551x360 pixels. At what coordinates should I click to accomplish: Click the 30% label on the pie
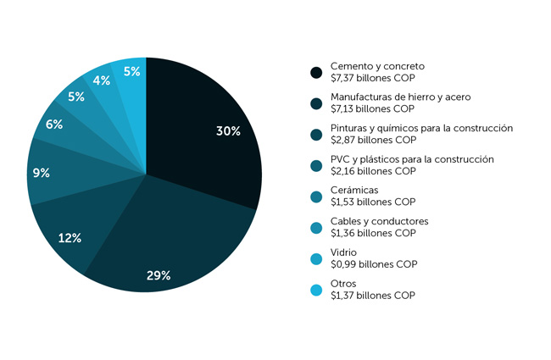(228, 131)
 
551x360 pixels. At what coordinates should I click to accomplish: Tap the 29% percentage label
(159, 275)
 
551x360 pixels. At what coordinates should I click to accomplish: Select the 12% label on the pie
(70, 238)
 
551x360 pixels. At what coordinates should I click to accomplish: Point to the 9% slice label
(41, 173)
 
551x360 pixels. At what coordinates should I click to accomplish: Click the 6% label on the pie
(54, 125)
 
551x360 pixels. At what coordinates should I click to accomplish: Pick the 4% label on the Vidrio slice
(102, 80)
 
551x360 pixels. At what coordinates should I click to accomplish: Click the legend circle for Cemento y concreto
(317, 72)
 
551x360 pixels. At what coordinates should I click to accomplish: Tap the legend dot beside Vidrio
(317, 258)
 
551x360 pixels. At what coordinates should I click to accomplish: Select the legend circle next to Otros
(317, 290)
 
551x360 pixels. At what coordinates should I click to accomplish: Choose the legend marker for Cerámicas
(317, 197)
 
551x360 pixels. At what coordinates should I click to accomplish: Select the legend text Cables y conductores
(379, 221)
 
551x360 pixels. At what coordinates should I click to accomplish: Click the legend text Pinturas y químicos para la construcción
(421, 128)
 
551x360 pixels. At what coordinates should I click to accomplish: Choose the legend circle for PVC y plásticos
(317, 165)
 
